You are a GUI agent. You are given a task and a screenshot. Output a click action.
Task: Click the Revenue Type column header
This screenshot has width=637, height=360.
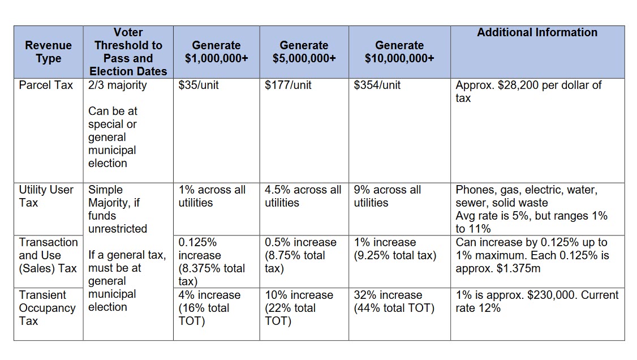tap(49, 52)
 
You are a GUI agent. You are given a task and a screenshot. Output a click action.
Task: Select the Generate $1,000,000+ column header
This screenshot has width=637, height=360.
tap(216, 52)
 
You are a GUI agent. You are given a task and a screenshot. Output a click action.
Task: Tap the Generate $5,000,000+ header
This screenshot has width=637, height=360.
tap(304, 52)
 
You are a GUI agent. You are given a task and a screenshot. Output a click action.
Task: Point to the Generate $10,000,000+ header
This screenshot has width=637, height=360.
tap(399, 52)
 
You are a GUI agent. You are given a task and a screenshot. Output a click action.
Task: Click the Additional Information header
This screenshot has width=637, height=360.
tap(537, 33)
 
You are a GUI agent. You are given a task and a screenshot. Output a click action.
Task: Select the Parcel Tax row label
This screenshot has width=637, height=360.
tap(46, 85)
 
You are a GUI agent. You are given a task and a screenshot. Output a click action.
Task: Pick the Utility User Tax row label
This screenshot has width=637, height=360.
tap(46, 196)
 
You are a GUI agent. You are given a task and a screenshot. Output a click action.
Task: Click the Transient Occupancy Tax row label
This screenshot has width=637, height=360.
tap(47, 308)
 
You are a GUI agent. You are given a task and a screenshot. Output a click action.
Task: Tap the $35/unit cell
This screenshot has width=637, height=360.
tap(199, 85)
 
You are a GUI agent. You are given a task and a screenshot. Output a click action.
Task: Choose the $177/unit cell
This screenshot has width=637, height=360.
tap(288, 85)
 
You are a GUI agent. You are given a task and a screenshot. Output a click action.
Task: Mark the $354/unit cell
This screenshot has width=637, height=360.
tap(377, 85)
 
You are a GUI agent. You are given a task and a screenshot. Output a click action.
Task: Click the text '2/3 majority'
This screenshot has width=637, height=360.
tap(117, 85)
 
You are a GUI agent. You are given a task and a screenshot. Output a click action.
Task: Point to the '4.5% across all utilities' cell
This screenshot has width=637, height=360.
tap(303, 196)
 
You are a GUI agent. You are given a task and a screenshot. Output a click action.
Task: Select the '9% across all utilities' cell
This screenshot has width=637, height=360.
tap(388, 196)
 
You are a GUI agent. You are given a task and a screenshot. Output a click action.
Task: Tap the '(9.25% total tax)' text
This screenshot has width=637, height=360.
tap(395, 255)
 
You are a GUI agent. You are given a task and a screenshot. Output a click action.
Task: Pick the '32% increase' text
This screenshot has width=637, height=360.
tap(388, 295)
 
